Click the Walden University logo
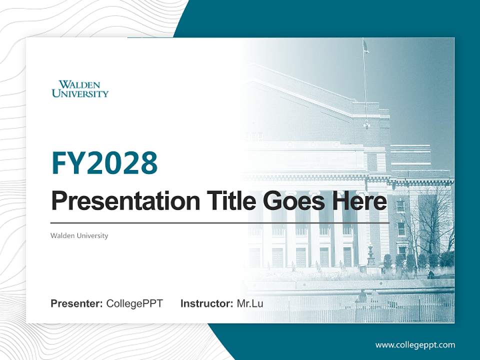80,88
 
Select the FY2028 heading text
104,163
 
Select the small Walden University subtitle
79,235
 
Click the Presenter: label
77,303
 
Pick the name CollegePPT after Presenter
134,303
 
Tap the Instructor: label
206,303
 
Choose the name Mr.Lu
250,303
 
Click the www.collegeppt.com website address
415,344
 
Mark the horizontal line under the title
220,223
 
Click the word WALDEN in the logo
79,84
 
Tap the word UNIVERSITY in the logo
80,93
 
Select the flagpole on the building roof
364,85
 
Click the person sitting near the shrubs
430,273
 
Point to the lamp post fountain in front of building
370,255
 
